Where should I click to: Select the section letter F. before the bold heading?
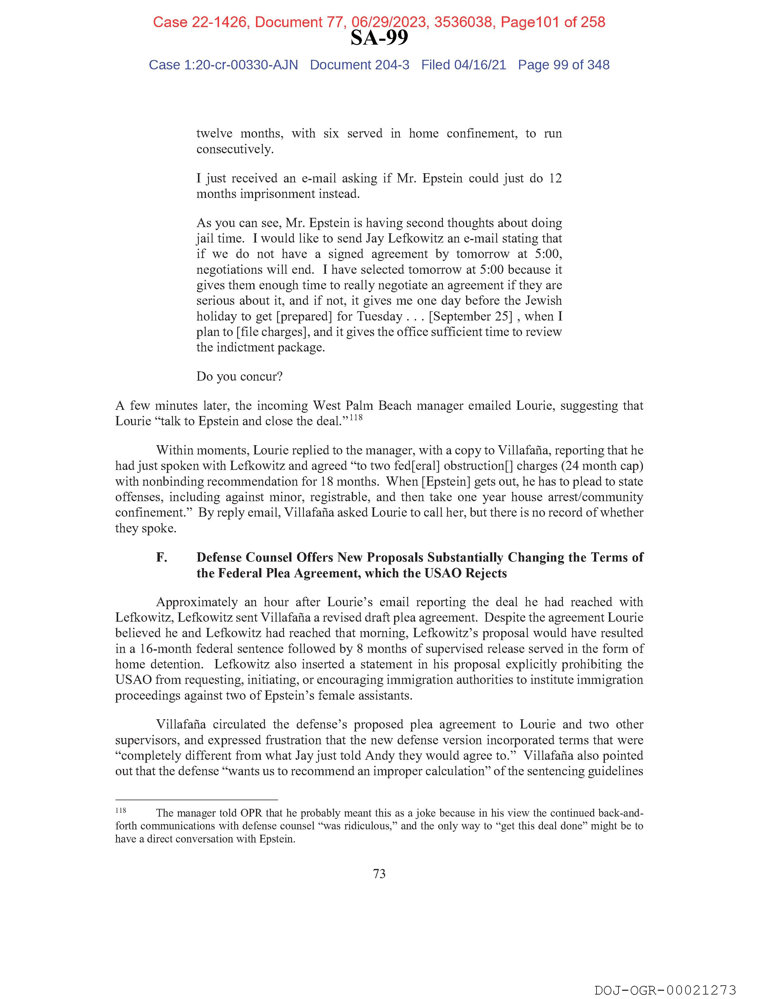pyautogui.click(x=161, y=557)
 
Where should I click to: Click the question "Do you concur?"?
pyautogui.click(x=239, y=376)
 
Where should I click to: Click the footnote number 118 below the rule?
pyautogui.click(x=121, y=810)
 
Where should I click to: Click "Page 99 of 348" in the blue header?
pyautogui.click(x=563, y=65)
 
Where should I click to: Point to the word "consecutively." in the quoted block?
pyautogui.click(x=235, y=149)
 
